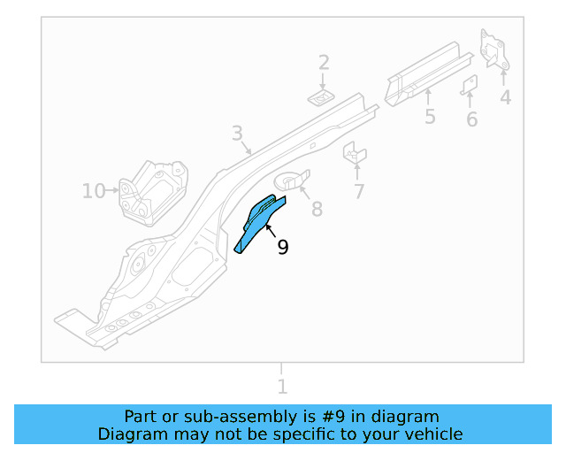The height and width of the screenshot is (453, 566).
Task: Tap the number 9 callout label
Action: pos(282,248)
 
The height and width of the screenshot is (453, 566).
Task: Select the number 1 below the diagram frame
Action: pos(282,387)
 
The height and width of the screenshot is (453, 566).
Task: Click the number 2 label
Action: pos(324,62)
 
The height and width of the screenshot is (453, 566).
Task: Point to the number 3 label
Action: pos(237,134)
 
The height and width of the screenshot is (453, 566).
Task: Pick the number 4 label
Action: pos(505,97)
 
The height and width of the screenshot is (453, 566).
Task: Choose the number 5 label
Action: pos(430,117)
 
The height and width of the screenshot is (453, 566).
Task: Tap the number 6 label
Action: pos(471,119)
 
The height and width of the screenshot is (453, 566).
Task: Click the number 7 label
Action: pos(359,191)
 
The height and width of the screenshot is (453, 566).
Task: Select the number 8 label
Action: pos(316,209)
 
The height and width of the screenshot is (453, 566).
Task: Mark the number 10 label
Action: pos(93,190)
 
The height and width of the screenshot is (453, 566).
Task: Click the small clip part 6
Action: pos(470,85)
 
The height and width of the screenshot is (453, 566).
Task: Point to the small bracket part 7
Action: pos(355,153)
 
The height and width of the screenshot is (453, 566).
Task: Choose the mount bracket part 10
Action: pos(154,192)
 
